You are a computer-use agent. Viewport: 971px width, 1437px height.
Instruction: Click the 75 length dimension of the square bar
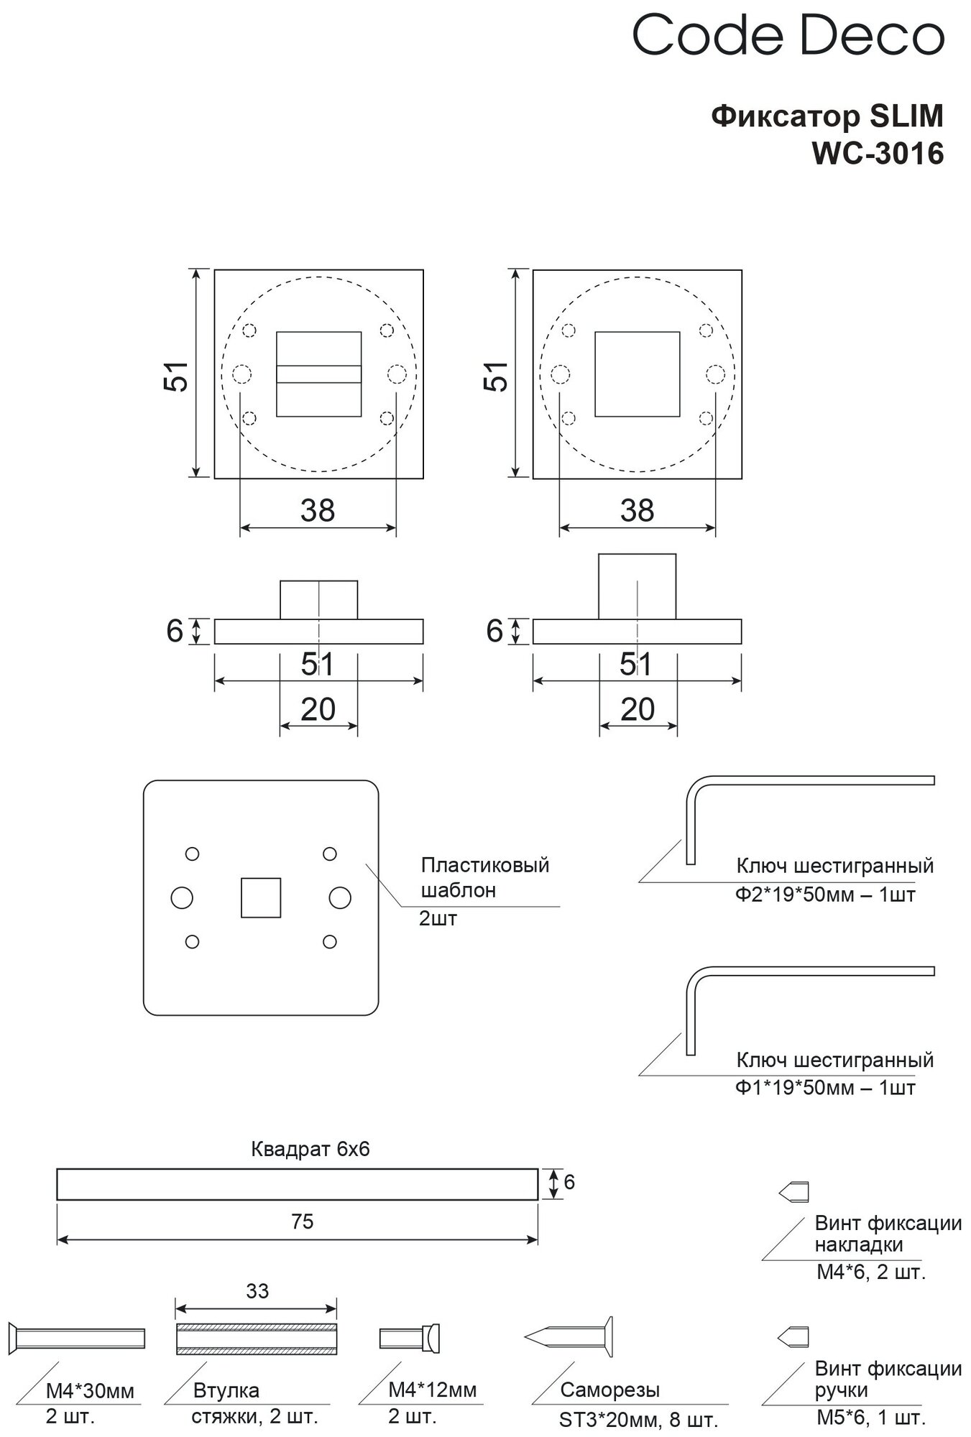[303, 1221]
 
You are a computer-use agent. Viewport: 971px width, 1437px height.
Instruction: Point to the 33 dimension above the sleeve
[257, 1291]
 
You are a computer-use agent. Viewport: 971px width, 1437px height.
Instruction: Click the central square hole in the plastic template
[260, 897]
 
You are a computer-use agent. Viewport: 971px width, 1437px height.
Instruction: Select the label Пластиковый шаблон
[484, 877]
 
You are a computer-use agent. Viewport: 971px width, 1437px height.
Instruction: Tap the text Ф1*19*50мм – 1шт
[824, 1088]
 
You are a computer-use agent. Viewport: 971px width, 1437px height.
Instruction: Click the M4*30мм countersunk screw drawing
[78, 1338]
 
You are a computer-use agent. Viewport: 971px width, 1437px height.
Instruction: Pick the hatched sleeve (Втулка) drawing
[257, 1339]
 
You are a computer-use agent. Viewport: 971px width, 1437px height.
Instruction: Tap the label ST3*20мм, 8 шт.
[638, 1420]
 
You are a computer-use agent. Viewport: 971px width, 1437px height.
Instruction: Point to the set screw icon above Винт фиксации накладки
[793, 1192]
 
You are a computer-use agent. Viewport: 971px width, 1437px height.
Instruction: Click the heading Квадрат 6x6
[310, 1149]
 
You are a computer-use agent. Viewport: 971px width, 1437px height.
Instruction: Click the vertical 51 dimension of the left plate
[177, 374]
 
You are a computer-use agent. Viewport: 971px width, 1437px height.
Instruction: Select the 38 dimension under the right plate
[637, 511]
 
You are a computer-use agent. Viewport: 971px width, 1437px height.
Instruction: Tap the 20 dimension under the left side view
[318, 710]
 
